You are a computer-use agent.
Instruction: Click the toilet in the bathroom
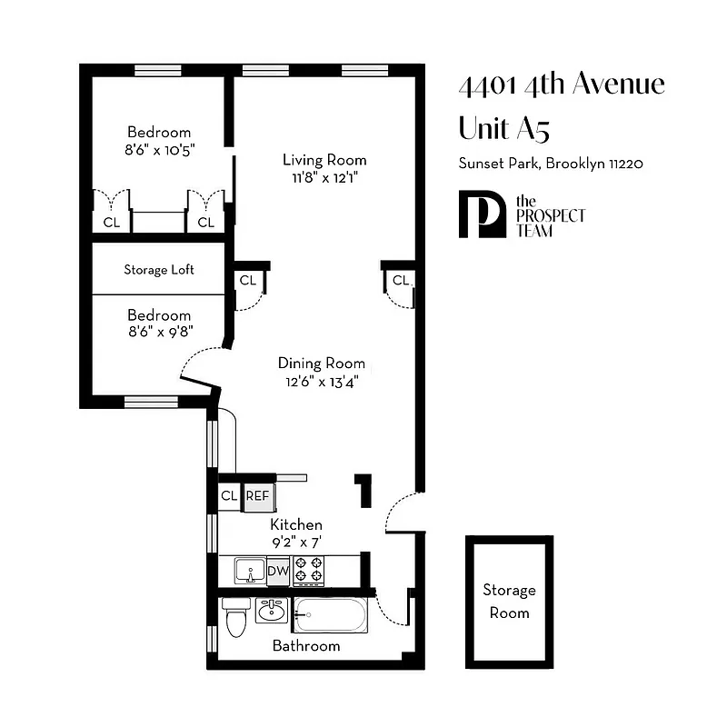click(x=235, y=617)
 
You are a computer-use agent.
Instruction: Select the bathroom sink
click(x=270, y=610)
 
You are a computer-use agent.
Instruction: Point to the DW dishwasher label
click(x=278, y=571)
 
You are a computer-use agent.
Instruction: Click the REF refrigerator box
click(x=258, y=496)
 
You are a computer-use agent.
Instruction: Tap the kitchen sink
click(x=250, y=570)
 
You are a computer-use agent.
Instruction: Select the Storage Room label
click(x=509, y=601)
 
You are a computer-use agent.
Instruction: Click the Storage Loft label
click(x=159, y=270)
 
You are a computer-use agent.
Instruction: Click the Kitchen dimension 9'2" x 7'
click(x=296, y=543)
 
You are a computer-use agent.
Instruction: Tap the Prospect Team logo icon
click(x=482, y=214)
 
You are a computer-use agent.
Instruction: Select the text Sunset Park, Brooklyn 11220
click(x=551, y=164)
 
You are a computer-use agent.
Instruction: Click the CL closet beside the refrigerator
click(x=229, y=496)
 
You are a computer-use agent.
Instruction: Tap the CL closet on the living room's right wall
click(x=400, y=280)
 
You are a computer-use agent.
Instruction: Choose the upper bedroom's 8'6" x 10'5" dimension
click(x=159, y=148)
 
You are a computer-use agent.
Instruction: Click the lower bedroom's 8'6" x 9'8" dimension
click(x=159, y=332)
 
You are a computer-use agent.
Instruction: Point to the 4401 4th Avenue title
click(x=562, y=85)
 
